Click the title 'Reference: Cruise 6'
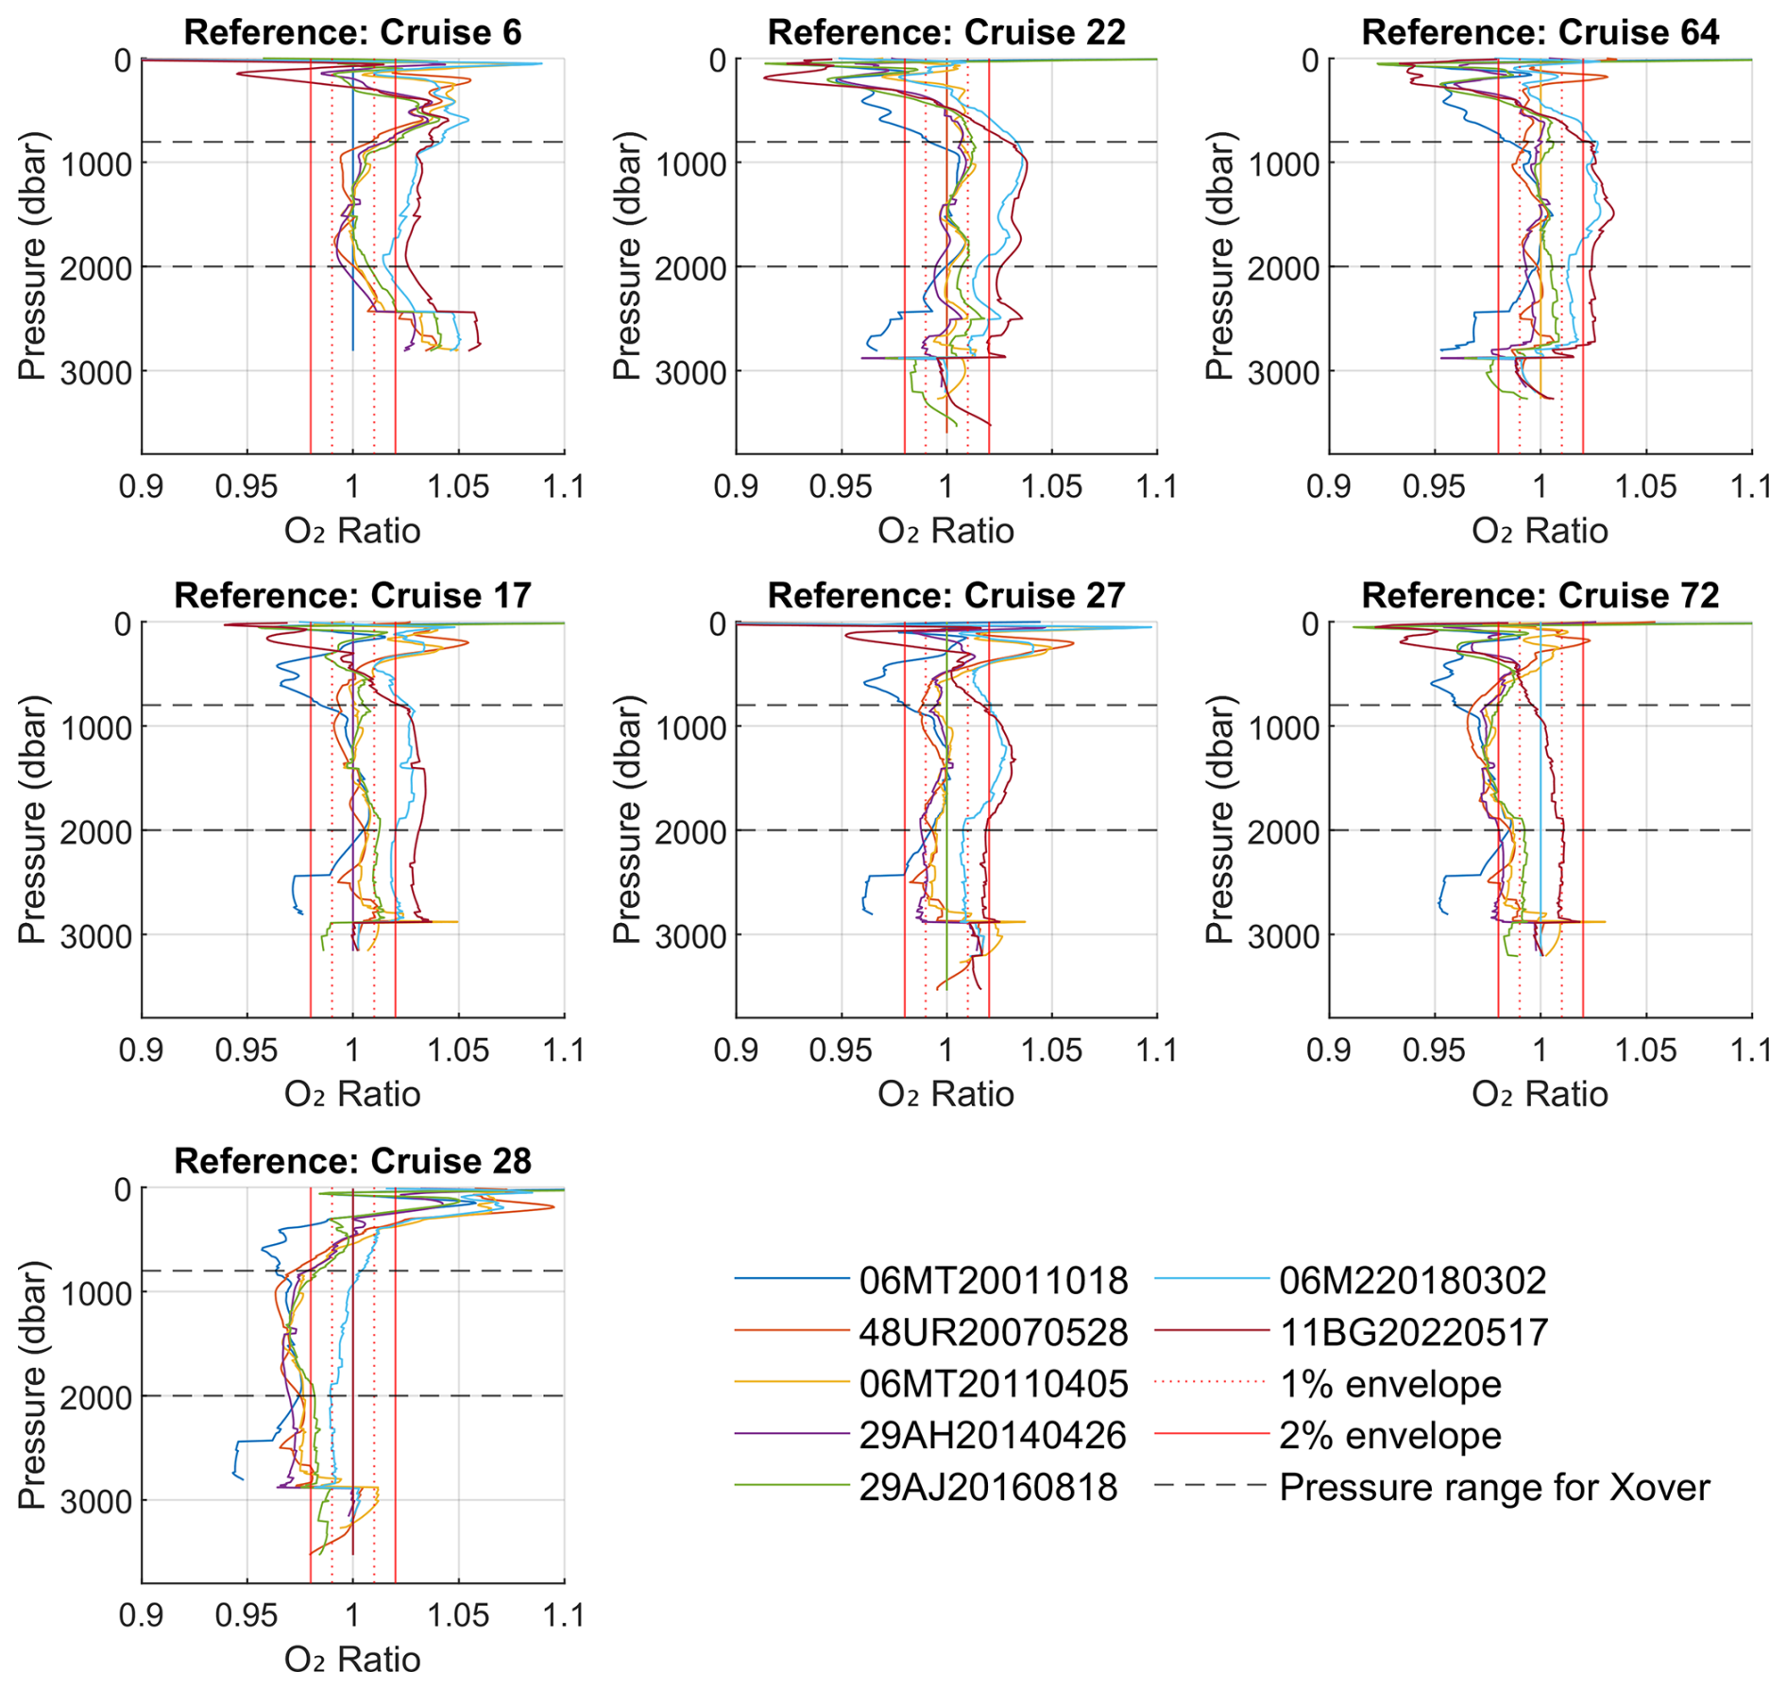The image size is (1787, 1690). coord(352,32)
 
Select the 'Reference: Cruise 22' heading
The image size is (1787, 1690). coord(945,32)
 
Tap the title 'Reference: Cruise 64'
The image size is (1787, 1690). coord(1540,32)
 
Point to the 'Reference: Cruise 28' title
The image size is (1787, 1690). coord(352,1160)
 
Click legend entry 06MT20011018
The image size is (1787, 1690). coord(993,1281)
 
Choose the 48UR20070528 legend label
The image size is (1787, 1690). coord(993,1332)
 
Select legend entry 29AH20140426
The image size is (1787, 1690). coord(993,1436)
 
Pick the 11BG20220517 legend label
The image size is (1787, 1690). coord(1414,1332)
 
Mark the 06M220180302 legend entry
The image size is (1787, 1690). coord(1413,1281)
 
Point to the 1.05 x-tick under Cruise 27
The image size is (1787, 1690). coord(1051,1050)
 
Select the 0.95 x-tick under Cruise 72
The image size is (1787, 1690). coord(1434,1050)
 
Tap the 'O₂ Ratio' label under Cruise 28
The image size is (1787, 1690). coord(352,1659)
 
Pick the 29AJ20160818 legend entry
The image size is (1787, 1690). coord(988,1487)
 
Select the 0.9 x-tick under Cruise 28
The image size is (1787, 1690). coord(142,1614)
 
